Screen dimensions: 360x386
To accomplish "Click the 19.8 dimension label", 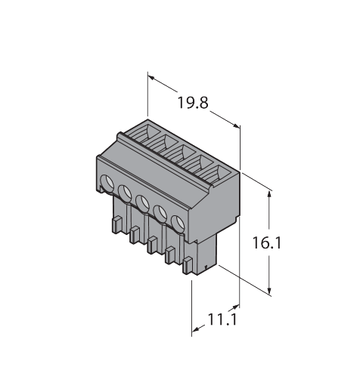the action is pyautogui.click(x=193, y=103).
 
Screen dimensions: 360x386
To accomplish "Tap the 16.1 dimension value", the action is pyautogui.click(x=266, y=243).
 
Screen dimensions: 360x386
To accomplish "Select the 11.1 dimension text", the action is pyautogui.click(x=222, y=320).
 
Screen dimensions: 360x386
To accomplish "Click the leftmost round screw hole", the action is pyautogui.click(x=107, y=183).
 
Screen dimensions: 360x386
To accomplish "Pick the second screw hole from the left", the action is pyautogui.click(x=125, y=193).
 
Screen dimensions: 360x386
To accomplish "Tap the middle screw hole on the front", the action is pyautogui.click(x=142, y=203).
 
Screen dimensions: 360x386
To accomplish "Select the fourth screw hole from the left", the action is pyautogui.click(x=160, y=213).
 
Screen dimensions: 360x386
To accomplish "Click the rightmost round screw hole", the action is pyautogui.click(x=178, y=223).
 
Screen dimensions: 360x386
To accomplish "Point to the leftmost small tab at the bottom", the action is pyautogui.click(x=116, y=225).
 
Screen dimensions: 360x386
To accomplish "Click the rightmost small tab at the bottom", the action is pyautogui.click(x=188, y=266).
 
